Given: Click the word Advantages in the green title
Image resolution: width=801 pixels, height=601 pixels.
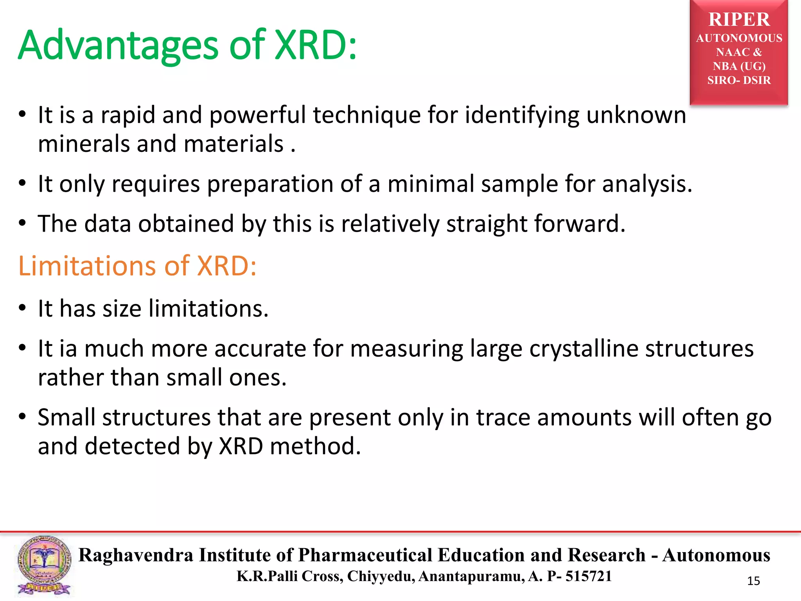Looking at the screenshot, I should coord(117,46).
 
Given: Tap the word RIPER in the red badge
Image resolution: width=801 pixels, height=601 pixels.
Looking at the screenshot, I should coord(739,20).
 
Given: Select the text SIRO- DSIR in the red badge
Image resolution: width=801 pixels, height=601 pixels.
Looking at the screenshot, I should coord(739,80).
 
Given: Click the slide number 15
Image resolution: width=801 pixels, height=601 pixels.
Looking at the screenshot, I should coord(753,581).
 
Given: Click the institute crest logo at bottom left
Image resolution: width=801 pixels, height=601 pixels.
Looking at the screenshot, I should coord(44,565).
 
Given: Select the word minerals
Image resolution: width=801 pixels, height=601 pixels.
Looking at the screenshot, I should coord(84,144).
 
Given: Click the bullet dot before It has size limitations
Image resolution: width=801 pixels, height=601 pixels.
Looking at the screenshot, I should coord(22,308).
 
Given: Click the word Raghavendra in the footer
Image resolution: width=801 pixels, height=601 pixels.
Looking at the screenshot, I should coord(136,555).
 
